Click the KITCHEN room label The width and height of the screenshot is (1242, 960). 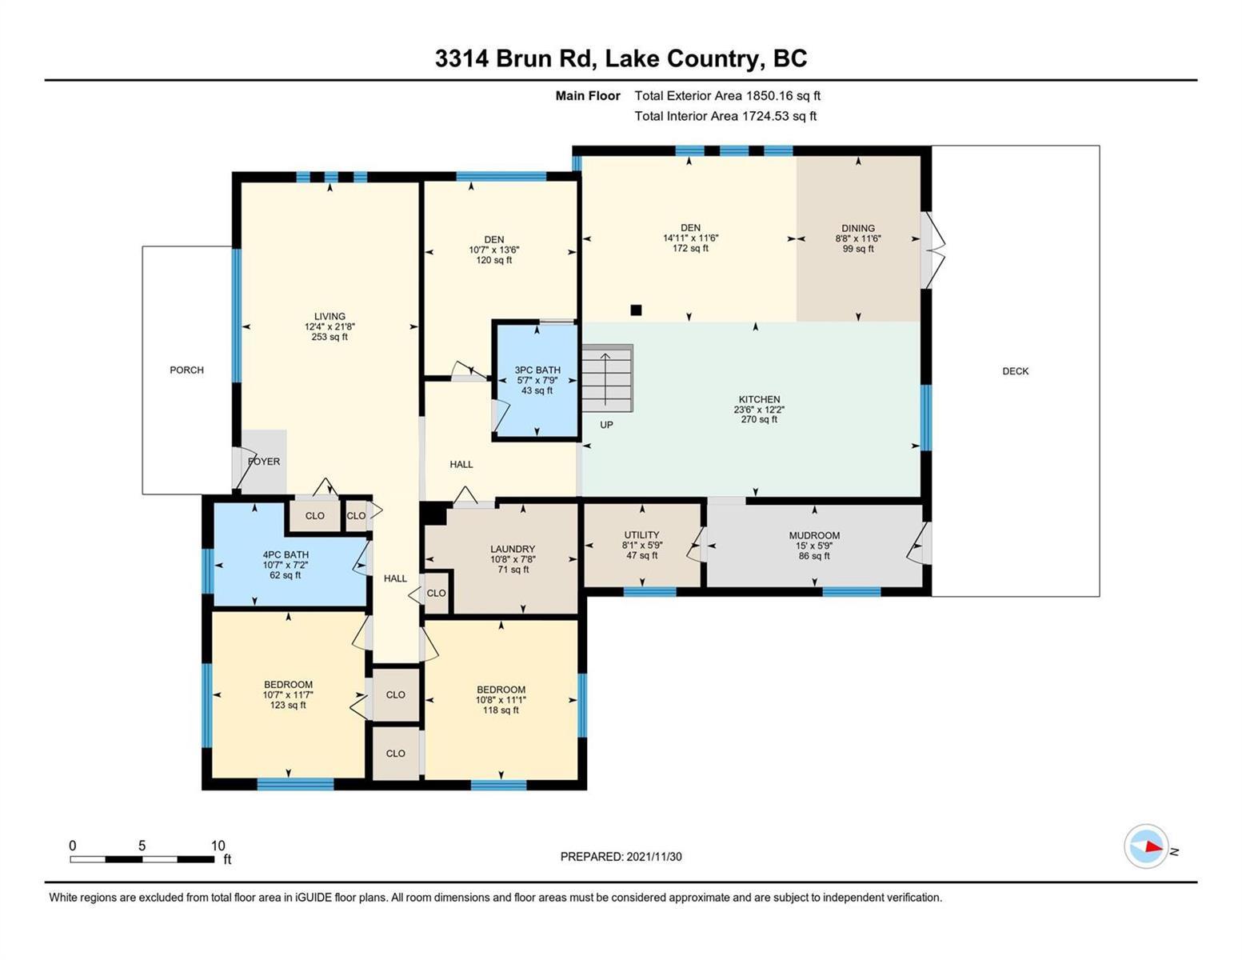coord(758,399)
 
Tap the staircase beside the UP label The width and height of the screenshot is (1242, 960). coord(607,378)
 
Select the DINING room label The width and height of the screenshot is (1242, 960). coord(857,227)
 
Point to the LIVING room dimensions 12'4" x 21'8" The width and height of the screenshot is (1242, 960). coord(329,326)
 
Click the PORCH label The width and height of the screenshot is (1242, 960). coord(186,370)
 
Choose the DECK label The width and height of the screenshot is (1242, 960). coord(1015,371)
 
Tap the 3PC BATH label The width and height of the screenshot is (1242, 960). coord(537,370)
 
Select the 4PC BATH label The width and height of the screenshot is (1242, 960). coord(286,554)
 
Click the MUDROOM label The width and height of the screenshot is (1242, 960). coord(814,535)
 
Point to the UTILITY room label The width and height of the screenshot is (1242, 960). coord(641,534)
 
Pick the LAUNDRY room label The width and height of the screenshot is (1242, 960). coord(512,549)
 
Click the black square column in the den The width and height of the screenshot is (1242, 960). coord(636,310)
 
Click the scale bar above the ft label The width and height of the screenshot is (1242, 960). coord(142,859)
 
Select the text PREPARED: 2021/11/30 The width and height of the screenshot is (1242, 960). coord(621,857)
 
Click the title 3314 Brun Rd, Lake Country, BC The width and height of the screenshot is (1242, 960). coord(621,58)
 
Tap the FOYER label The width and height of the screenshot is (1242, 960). coord(263,462)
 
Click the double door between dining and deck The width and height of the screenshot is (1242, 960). coord(932,250)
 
